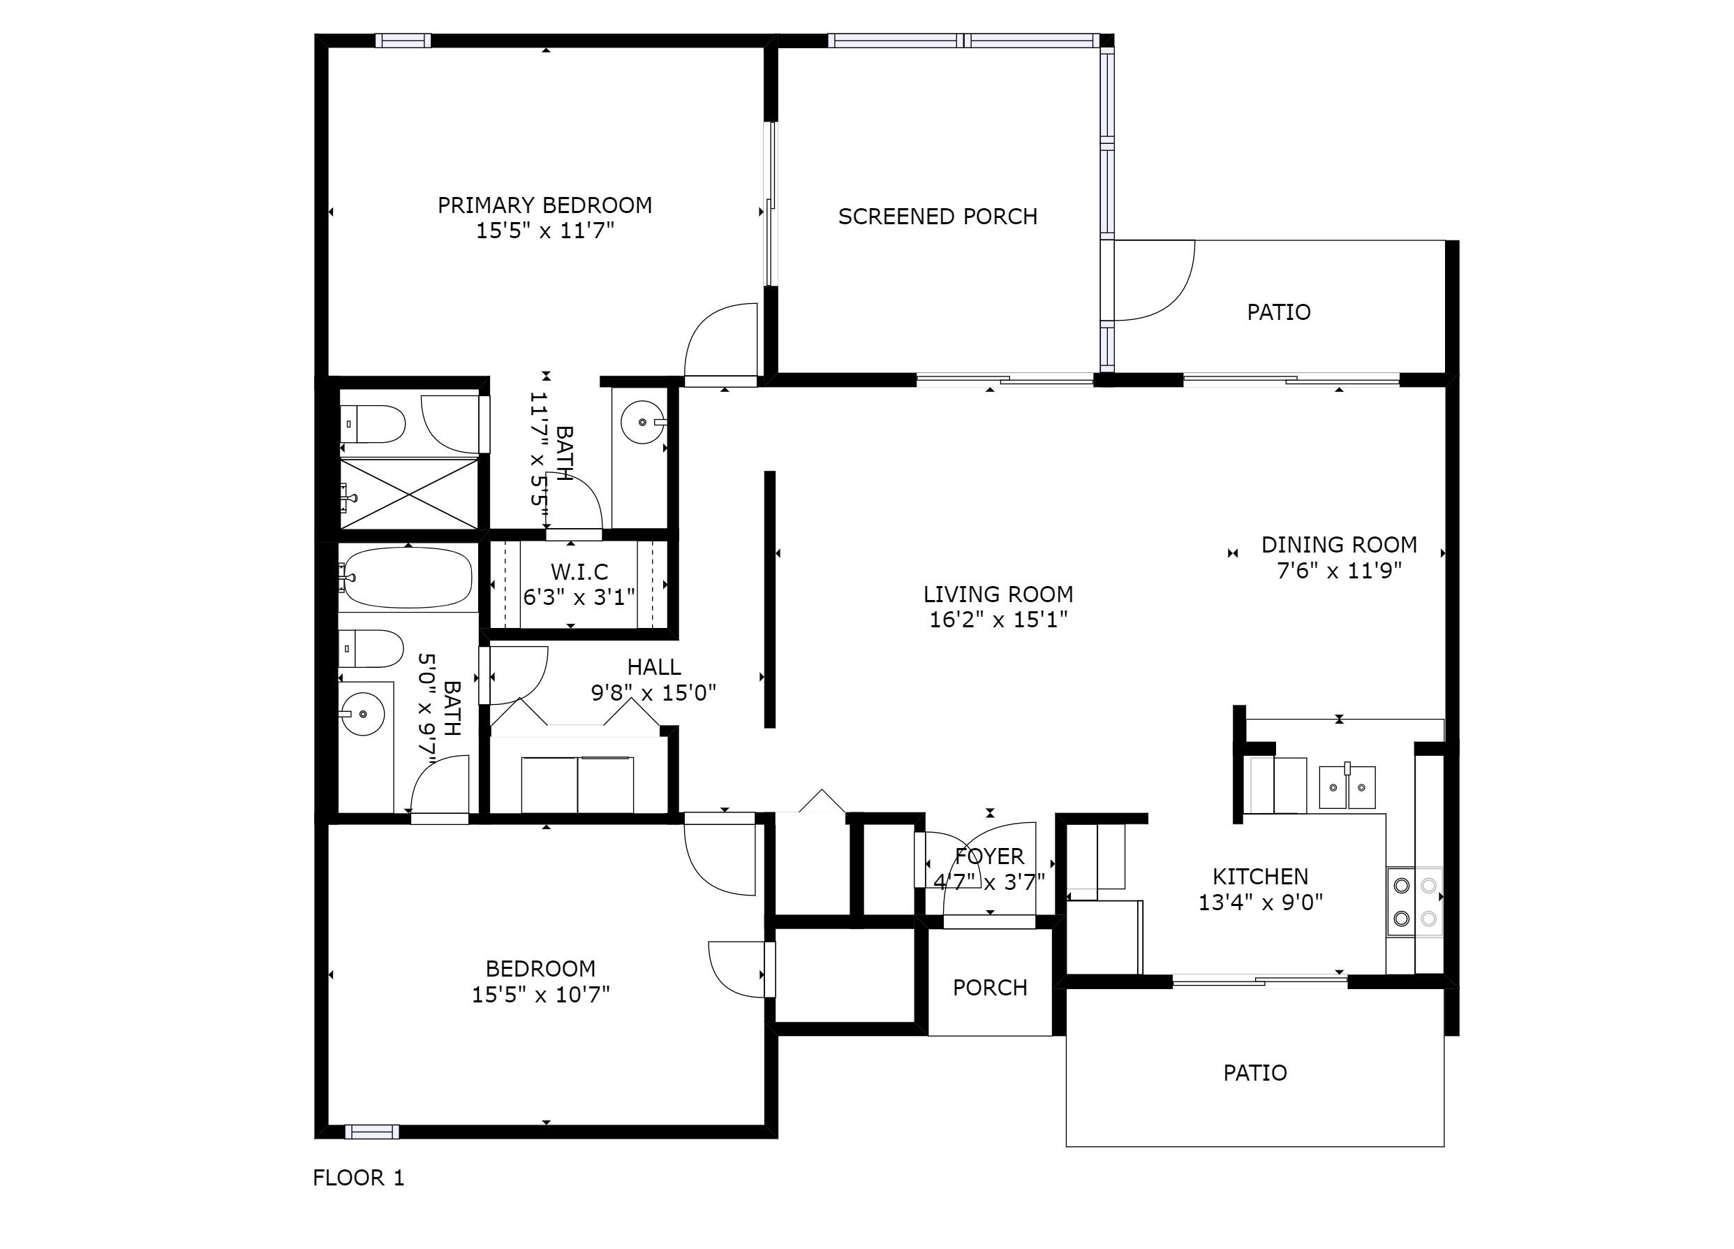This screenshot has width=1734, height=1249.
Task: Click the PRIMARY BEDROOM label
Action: (544, 205)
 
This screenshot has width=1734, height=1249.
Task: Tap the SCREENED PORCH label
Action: (938, 217)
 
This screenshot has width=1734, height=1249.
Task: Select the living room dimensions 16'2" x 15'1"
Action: (998, 620)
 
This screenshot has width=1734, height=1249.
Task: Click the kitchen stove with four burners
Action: (1414, 902)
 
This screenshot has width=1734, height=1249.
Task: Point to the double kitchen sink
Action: (1347, 787)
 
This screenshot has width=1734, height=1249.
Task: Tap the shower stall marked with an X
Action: (410, 493)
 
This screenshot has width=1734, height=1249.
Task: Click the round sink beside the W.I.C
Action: (642, 421)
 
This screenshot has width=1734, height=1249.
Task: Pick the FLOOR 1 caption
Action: (358, 1177)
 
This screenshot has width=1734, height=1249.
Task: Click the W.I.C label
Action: (579, 571)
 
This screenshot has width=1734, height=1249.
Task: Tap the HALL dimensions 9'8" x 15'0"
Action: (653, 693)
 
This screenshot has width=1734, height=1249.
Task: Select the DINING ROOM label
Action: (1339, 545)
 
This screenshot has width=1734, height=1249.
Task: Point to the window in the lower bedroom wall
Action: (371, 1131)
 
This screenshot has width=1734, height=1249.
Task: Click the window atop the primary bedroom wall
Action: (403, 41)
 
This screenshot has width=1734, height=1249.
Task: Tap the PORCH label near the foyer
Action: (989, 988)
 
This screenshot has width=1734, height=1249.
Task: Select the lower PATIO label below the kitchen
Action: (1254, 1072)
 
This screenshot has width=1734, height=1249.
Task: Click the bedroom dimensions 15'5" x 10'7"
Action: (540, 994)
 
